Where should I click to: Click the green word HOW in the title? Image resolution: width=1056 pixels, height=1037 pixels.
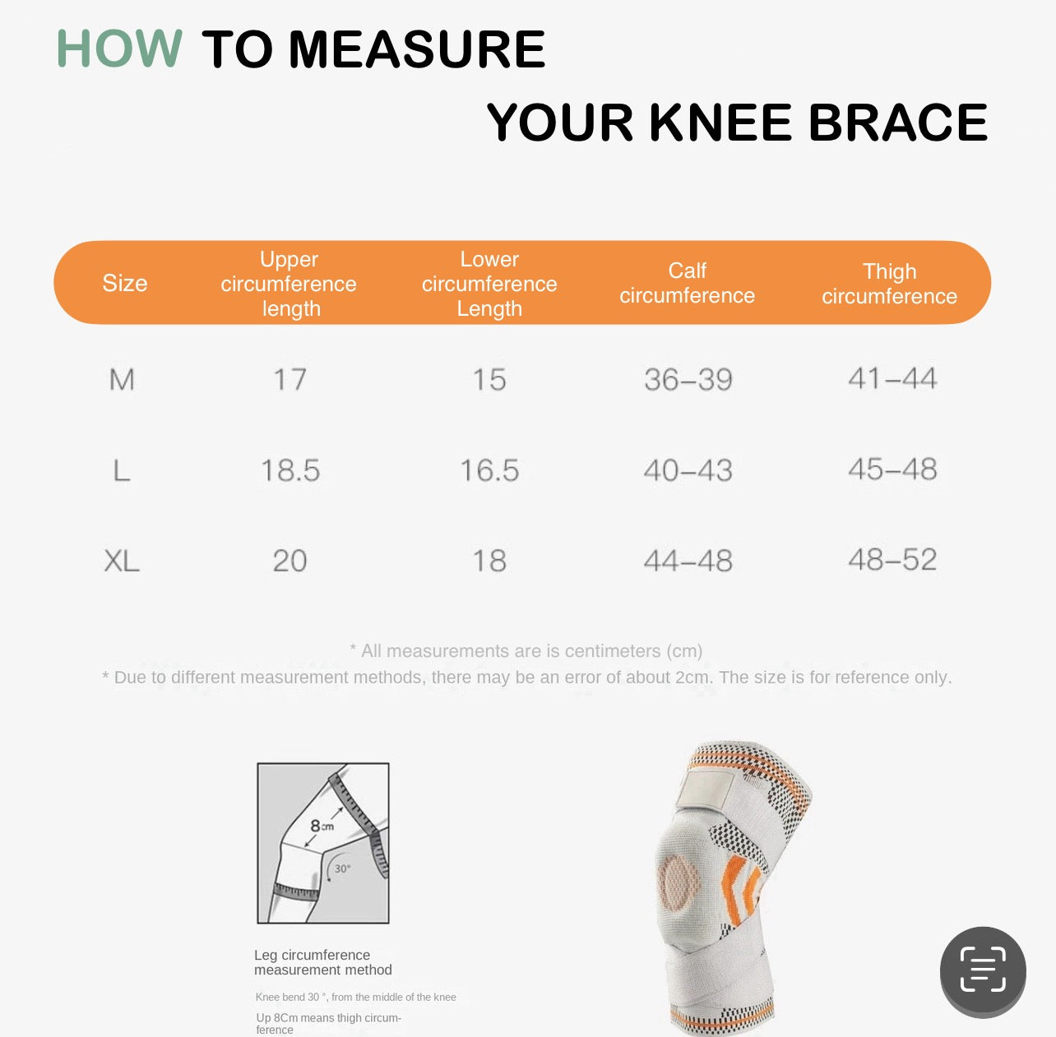(x=119, y=49)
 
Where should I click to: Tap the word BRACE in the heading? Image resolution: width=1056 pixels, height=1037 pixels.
(x=897, y=123)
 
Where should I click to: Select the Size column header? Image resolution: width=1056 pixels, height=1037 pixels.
(x=125, y=284)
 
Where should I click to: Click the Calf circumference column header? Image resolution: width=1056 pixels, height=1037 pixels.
(x=688, y=283)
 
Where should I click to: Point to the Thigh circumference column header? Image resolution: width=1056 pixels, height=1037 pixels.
(x=889, y=284)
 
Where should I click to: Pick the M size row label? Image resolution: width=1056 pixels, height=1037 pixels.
(x=122, y=380)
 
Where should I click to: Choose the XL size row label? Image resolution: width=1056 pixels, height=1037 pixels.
(x=122, y=561)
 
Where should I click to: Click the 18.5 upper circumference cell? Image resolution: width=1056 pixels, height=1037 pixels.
(x=290, y=470)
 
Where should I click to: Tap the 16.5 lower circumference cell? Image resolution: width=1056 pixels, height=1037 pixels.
(x=489, y=470)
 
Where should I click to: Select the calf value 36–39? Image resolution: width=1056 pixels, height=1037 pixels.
(x=688, y=379)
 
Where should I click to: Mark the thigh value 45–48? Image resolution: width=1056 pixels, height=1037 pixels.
(x=892, y=470)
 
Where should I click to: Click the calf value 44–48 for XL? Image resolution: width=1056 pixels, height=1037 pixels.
(x=688, y=561)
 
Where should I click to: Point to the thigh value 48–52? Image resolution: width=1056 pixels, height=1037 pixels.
(x=892, y=559)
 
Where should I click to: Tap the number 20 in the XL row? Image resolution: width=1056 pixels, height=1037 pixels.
(x=289, y=561)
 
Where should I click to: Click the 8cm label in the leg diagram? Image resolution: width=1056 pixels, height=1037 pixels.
(x=322, y=826)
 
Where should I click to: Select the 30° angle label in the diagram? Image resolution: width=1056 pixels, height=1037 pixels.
(x=342, y=868)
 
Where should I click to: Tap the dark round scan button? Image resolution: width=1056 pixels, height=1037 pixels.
(x=983, y=971)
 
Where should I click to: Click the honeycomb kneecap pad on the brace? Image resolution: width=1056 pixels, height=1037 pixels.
(x=679, y=883)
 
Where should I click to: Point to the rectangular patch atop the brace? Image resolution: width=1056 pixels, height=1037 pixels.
(x=706, y=790)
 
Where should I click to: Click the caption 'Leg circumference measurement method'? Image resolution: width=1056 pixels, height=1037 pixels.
(x=322, y=962)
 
